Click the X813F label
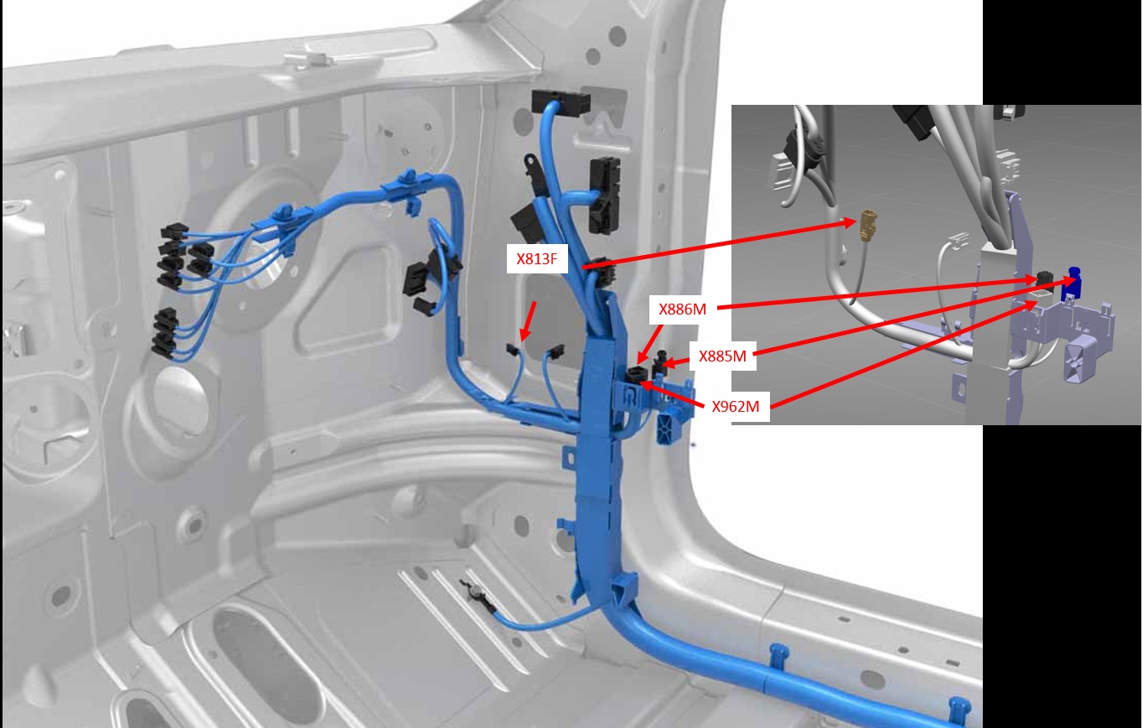click(x=537, y=259)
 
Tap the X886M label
click(x=682, y=309)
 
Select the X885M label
click(x=722, y=356)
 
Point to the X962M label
click(x=735, y=406)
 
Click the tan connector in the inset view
click(x=866, y=225)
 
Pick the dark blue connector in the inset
click(x=1072, y=283)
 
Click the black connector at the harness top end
click(x=561, y=101)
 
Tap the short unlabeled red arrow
click(x=528, y=321)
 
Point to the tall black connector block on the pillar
click(x=605, y=195)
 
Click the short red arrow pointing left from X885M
click(x=676, y=362)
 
